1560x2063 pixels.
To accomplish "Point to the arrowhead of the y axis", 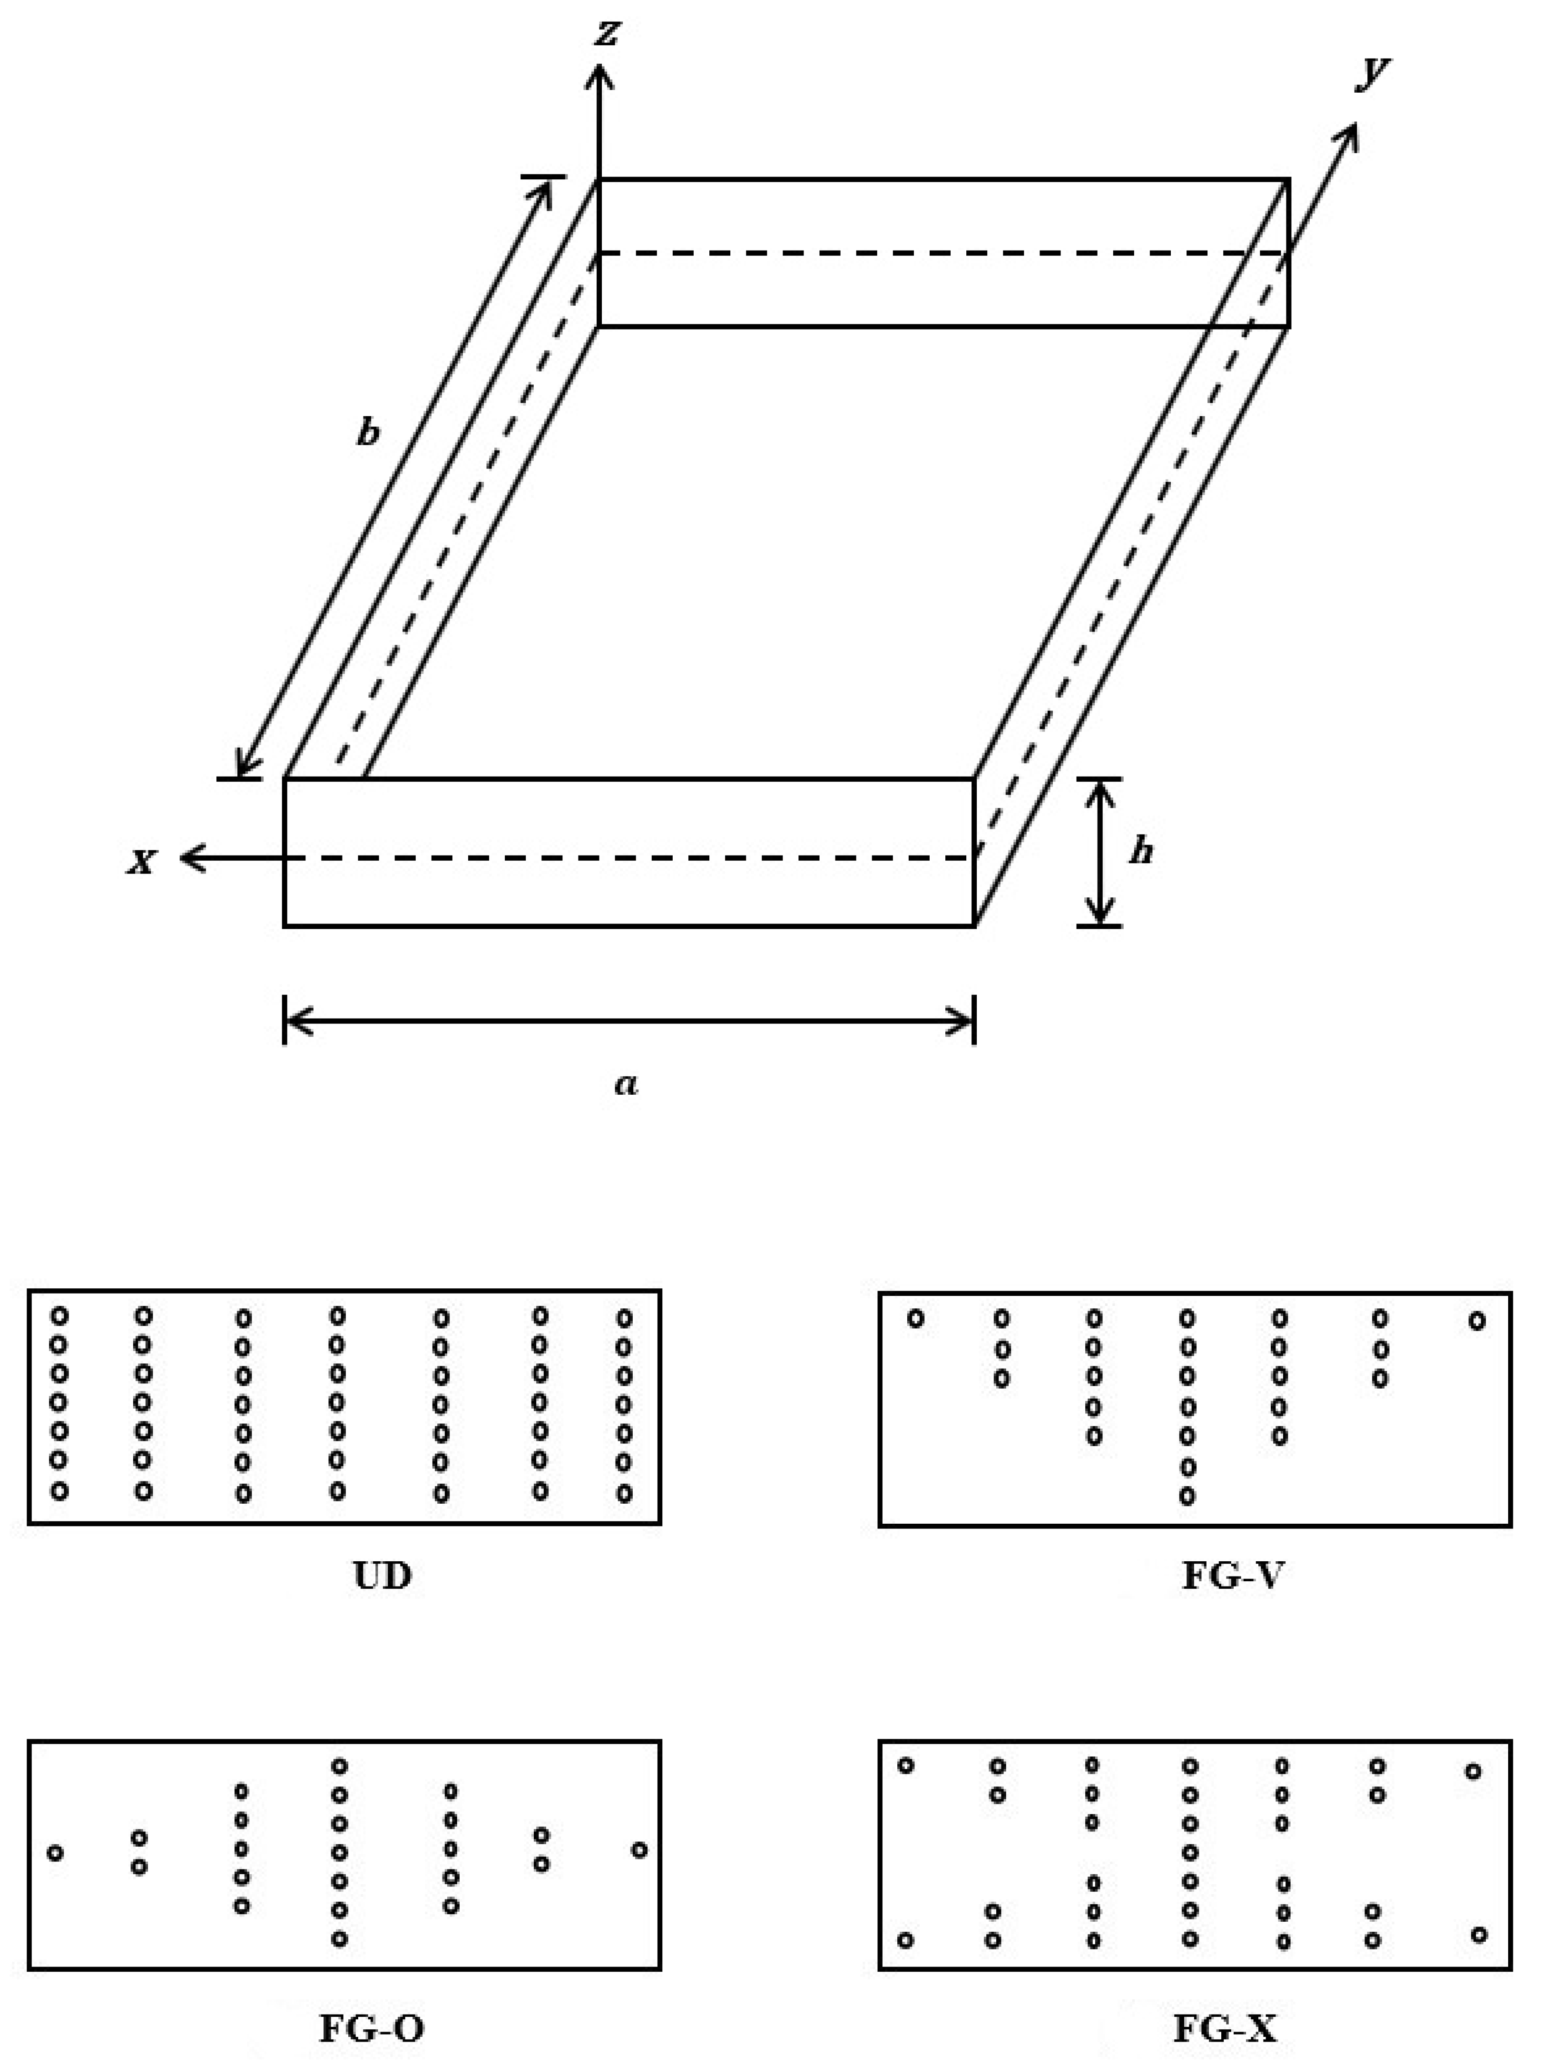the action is (1350, 133).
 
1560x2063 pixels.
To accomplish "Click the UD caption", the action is (383, 1575).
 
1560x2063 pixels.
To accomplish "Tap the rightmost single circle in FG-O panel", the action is (639, 1849).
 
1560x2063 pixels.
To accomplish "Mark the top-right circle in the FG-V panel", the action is (1476, 1321).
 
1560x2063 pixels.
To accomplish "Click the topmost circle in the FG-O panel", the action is (340, 1765).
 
